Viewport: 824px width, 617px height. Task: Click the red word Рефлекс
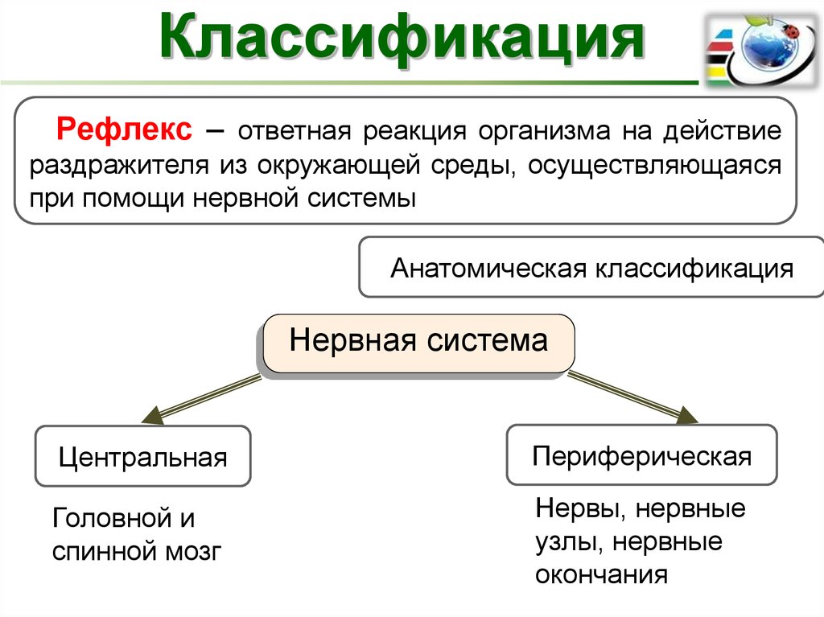tap(123, 130)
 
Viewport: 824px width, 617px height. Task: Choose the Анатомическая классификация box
tap(591, 267)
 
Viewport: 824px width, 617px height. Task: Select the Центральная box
tap(143, 458)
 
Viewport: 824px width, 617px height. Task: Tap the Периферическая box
tap(641, 457)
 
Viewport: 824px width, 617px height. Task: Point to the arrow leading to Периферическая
tap(636, 398)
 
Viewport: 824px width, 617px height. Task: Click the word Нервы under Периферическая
tap(575, 508)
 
